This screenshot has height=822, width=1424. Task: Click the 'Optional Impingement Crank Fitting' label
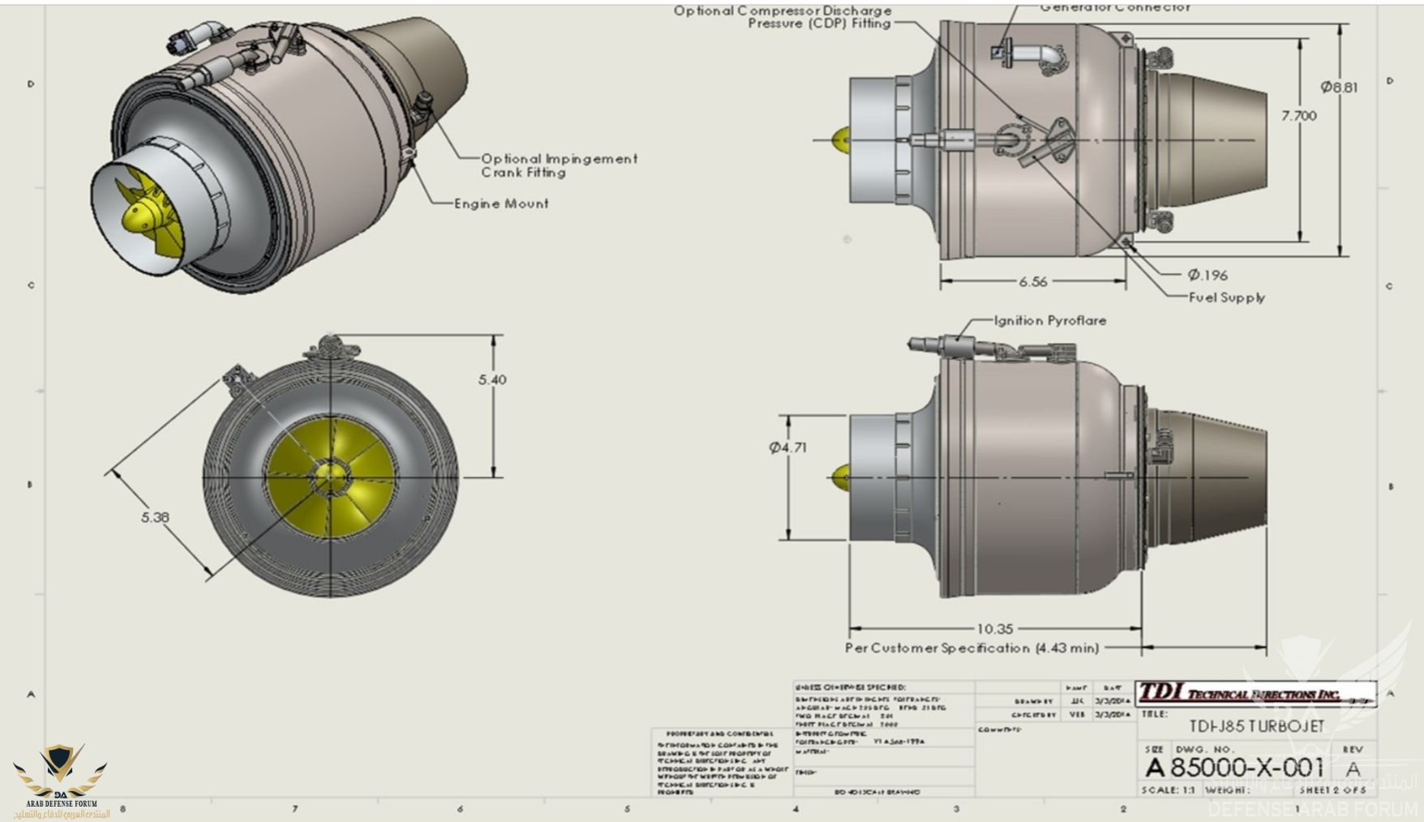[x=559, y=165]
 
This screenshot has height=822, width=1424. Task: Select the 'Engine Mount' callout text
[x=501, y=203]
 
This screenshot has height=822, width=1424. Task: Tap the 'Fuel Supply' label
[x=1226, y=298]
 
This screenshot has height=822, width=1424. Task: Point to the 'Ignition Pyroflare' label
[x=1050, y=320]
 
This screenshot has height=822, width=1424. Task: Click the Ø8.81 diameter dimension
[x=1338, y=87]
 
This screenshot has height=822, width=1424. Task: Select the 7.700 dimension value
[x=1298, y=116]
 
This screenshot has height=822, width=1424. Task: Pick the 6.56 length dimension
[x=1032, y=281]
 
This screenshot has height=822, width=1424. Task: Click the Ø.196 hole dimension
[x=1207, y=275]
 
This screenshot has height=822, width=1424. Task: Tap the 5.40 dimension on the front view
[x=492, y=379]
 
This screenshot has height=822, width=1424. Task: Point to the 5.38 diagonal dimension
[x=155, y=516]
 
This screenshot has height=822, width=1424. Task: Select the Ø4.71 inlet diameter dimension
[x=787, y=447]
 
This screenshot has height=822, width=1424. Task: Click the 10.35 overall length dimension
[x=995, y=628]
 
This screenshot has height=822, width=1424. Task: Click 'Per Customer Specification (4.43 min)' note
[x=971, y=648]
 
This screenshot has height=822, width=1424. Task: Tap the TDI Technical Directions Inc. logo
[x=1255, y=693]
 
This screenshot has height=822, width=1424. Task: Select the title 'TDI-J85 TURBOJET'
[x=1256, y=726]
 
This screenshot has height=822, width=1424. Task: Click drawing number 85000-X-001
[x=1246, y=767]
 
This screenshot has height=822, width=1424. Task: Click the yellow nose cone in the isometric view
[x=139, y=216]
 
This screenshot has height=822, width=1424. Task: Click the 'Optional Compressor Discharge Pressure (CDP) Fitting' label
[x=783, y=17]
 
